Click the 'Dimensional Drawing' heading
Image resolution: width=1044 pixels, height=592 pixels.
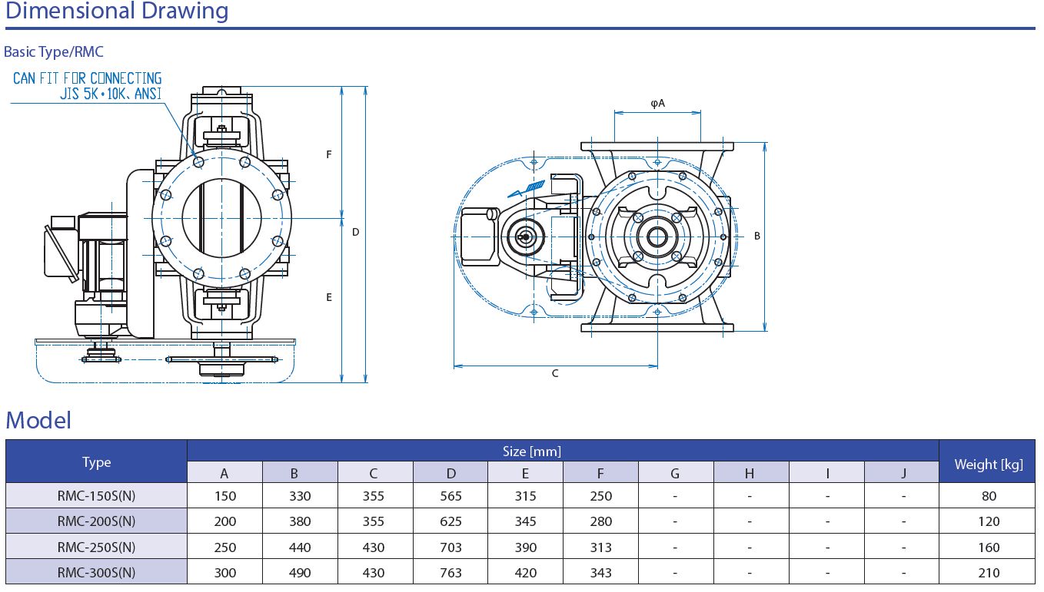point(117,12)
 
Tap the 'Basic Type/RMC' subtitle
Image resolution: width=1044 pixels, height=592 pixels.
point(54,52)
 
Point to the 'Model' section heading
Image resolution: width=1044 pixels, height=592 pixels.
point(38,420)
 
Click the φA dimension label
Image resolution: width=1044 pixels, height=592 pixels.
point(657,103)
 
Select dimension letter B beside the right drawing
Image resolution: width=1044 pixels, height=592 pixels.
point(757,236)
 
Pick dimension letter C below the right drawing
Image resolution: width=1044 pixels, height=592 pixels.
point(555,374)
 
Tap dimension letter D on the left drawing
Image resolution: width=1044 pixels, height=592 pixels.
point(356,232)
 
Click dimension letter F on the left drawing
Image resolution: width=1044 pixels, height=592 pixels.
point(328,154)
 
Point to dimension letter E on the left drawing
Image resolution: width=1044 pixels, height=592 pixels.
point(328,297)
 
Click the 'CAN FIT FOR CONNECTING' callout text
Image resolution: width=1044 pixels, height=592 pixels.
point(88,78)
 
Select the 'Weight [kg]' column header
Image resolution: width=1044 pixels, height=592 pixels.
point(989,464)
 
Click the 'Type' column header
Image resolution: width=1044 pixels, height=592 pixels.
point(97,462)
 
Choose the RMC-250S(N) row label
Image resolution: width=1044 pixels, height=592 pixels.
point(97,547)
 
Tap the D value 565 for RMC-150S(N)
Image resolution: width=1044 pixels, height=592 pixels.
point(451,496)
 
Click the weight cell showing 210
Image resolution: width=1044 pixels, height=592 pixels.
point(989,573)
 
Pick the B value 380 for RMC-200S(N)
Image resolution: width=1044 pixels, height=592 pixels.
point(300,522)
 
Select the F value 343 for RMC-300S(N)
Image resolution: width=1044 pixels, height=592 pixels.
point(601,573)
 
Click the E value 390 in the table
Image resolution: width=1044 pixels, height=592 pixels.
point(526,547)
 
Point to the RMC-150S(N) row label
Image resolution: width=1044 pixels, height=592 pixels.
point(97,496)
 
